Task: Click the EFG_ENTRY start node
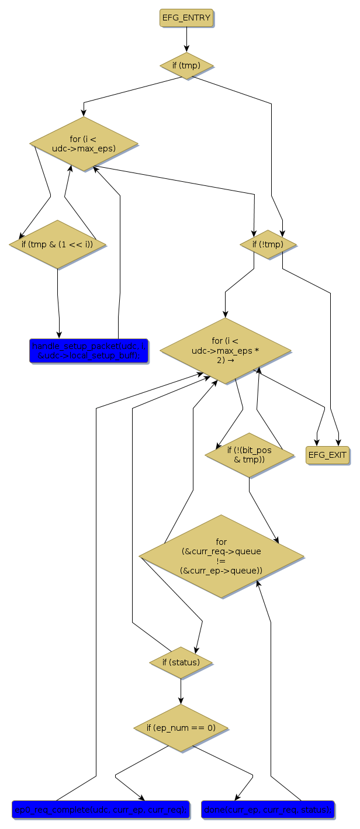(186, 18)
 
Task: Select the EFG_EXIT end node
(327, 455)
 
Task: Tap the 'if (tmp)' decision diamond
(186, 65)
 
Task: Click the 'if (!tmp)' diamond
(268, 244)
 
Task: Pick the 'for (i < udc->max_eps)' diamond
(84, 144)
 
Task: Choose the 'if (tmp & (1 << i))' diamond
(57, 244)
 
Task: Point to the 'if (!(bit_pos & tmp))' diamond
(250, 455)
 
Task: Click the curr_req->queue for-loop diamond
(221, 556)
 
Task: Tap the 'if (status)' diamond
(181, 662)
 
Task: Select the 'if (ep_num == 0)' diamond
(181, 728)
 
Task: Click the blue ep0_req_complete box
(100, 809)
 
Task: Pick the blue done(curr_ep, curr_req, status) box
(268, 809)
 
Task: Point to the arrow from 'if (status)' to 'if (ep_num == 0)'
(181, 691)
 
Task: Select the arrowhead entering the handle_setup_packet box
(59, 335)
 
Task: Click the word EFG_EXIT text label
(327, 455)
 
